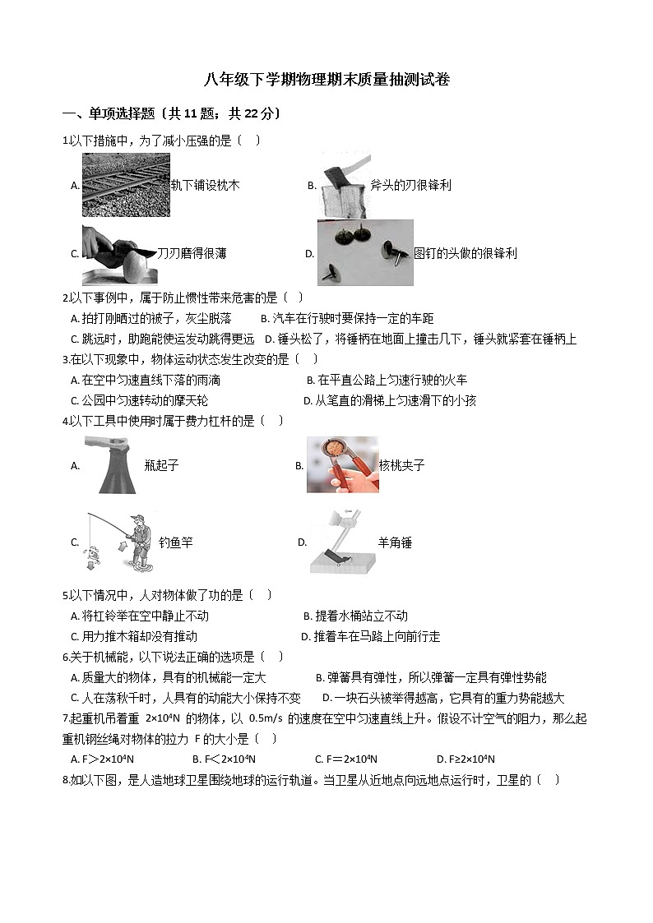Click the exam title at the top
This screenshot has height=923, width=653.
(x=326, y=80)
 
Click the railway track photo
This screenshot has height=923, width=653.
(x=126, y=185)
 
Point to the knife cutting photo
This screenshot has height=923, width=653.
(x=118, y=254)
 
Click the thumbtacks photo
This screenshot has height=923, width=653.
(x=365, y=252)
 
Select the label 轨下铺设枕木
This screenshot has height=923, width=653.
(x=205, y=186)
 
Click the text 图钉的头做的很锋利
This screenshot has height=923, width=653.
(x=465, y=254)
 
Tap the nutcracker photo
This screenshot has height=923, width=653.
(x=342, y=464)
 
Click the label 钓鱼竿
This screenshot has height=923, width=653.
(x=175, y=543)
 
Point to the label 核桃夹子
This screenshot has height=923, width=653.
(x=401, y=466)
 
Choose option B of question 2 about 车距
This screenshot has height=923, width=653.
(x=346, y=319)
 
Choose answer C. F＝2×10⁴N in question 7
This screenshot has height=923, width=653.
(x=345, y=759)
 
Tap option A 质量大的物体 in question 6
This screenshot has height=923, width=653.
(x=169, y=678)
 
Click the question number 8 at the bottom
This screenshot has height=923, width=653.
(x=66, y=780)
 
